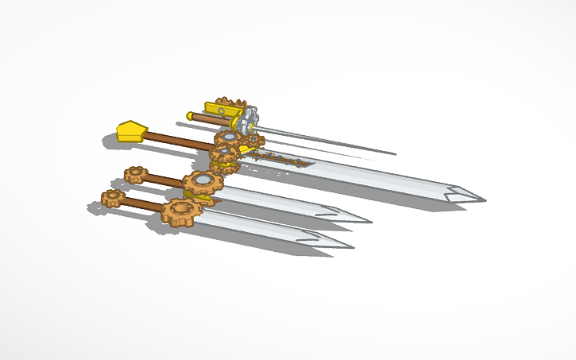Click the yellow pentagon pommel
(x=131, y=130)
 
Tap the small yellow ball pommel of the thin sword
(x=190, y=115)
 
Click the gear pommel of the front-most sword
(x=112, y=198)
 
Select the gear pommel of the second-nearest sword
(x=135, y=174)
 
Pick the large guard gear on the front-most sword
(x=178, y=211)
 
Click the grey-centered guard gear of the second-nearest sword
(x=203, y=183)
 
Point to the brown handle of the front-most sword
(x=143, y=204)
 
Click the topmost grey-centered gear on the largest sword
(x=229, y=138)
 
